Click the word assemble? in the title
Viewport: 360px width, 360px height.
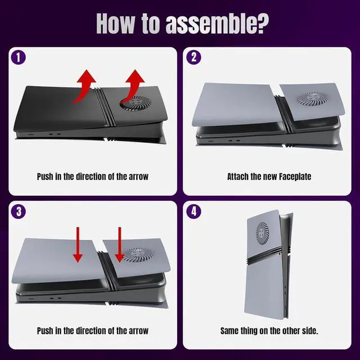[217, 24]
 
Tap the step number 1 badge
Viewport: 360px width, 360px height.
[19, 57]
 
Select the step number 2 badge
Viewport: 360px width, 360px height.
[193, 57]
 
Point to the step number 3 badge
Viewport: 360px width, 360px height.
[19, 211]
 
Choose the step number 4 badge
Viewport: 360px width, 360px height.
[193, 211]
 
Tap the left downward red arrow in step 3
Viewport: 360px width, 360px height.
[78, 245]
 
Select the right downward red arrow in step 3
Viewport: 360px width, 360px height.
[119, 245]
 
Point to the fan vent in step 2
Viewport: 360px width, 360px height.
[311, 98]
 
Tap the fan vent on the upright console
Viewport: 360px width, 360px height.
[263, 233]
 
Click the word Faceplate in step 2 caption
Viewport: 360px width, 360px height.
[295, 177]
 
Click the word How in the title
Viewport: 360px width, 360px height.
[115, 24]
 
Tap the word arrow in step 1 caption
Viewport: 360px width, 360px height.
[138, 177]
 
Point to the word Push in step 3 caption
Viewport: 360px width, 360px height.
[45, 331]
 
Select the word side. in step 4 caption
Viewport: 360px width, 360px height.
[310, 331]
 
